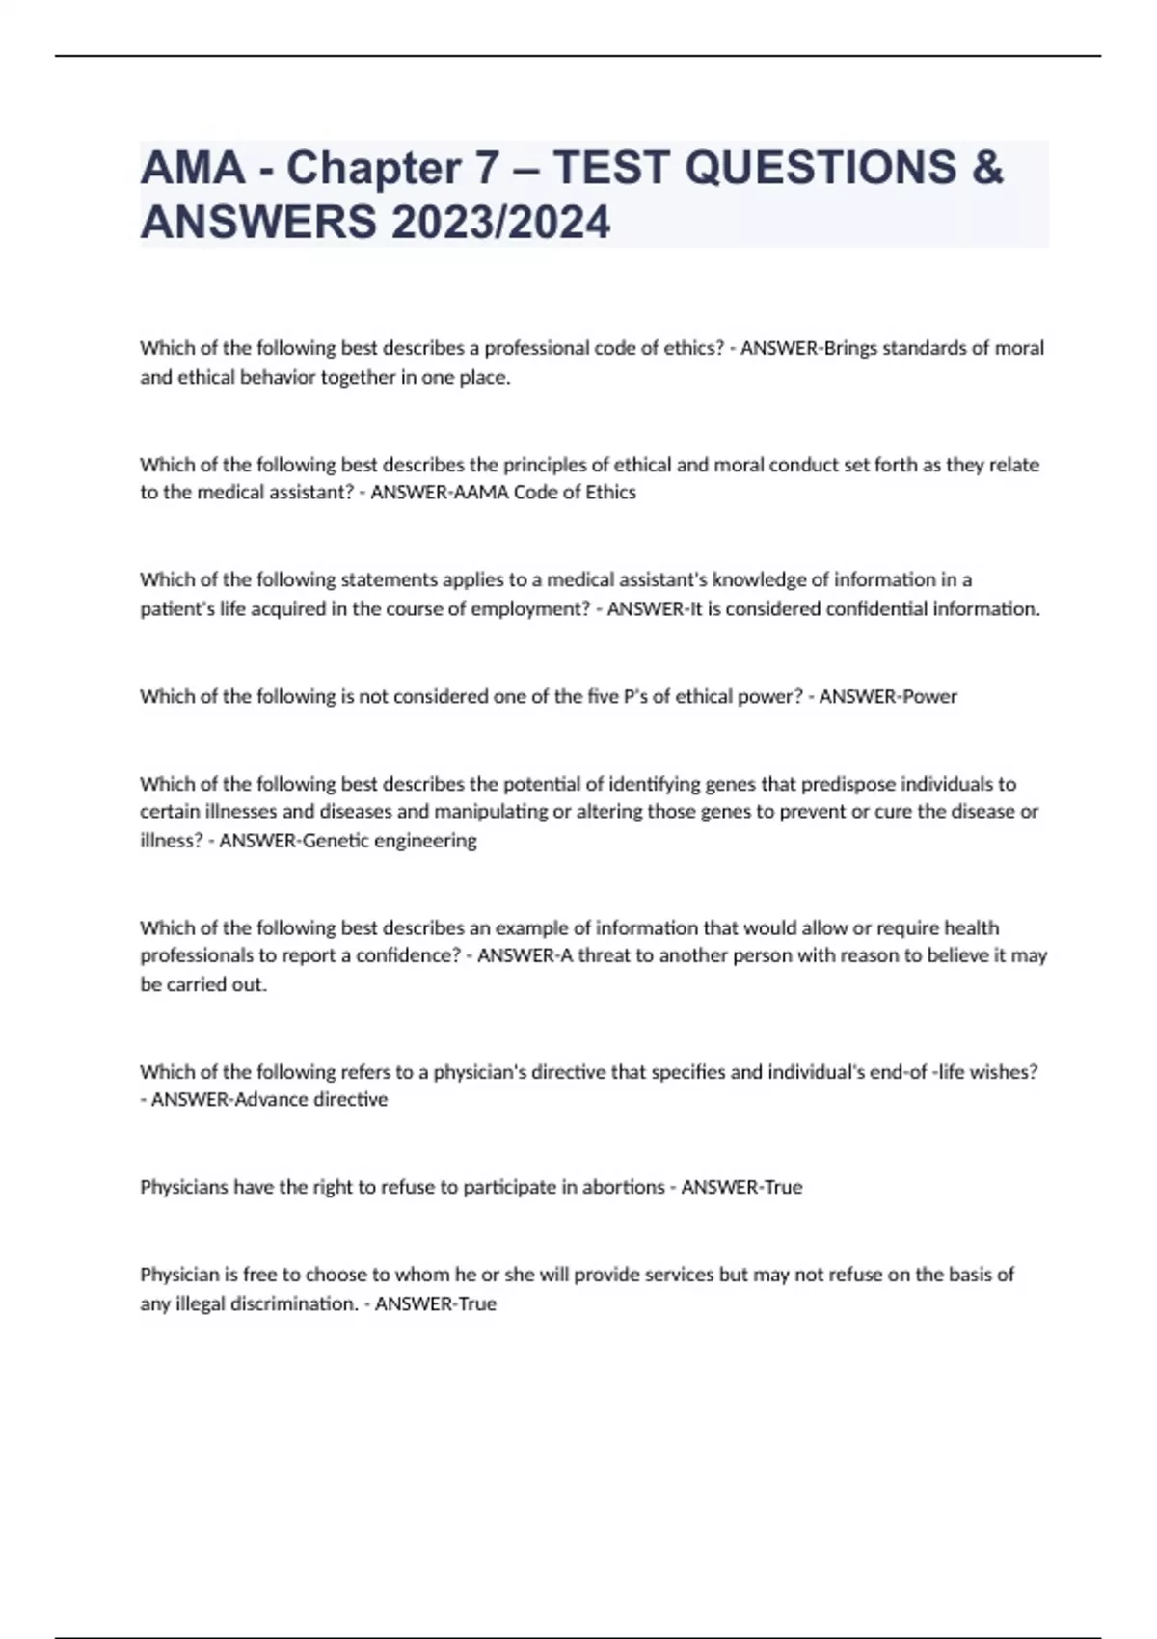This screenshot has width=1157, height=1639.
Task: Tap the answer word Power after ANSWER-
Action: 929,696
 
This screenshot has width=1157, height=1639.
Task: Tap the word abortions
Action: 618,1188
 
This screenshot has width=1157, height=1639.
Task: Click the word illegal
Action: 201,1304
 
